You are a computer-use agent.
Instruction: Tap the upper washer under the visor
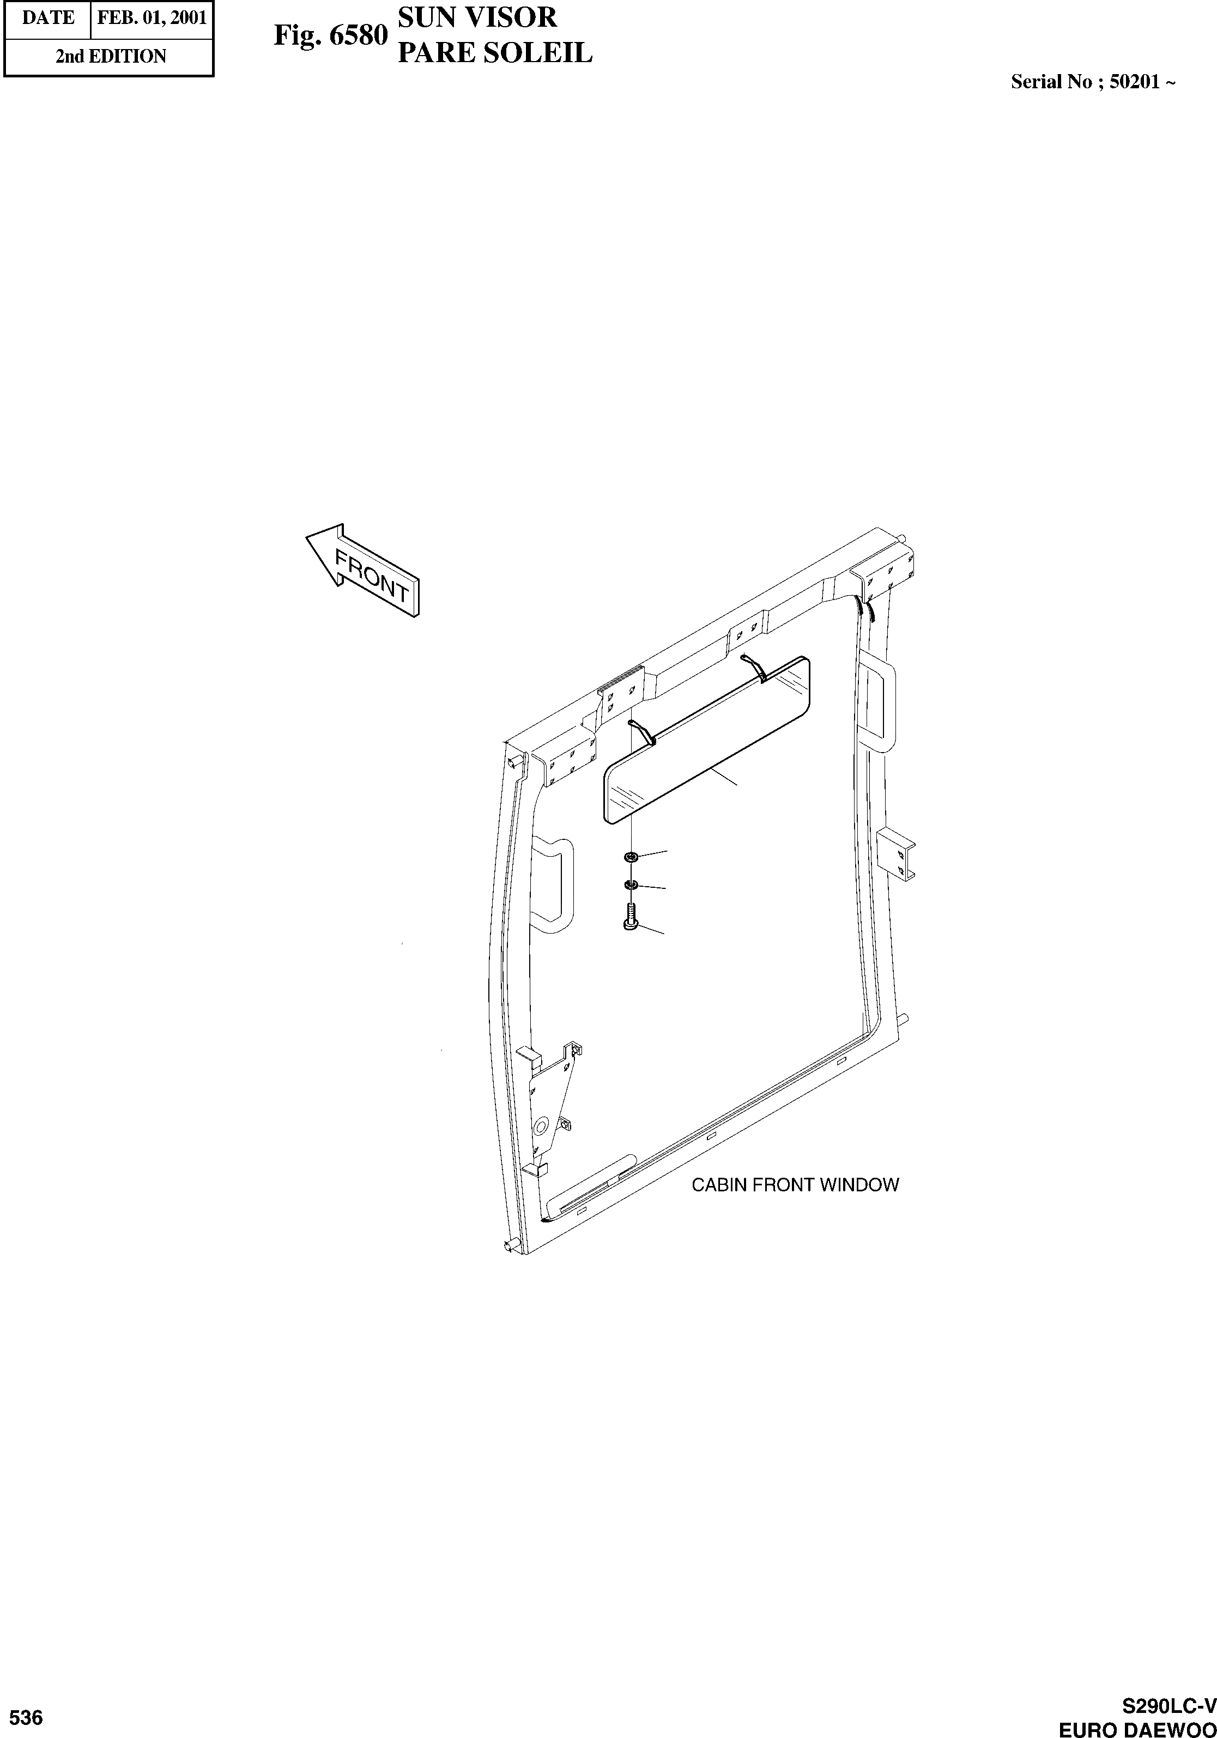[x=631, y=857]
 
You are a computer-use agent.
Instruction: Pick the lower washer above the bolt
[x=631, y=885]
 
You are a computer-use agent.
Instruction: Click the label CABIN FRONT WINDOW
[x=795, y=1185]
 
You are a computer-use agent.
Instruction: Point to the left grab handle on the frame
[x=554, y=884]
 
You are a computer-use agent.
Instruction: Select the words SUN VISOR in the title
[x=477, y=17]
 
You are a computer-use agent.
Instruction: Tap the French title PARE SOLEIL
[x=495, y=53]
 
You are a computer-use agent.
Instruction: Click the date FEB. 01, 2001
[x=152, y=17]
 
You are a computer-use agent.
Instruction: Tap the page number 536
[x=27, y=1718]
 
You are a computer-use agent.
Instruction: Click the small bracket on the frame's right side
[x=897, y=852]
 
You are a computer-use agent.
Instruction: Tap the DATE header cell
[x=47, y=17]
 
